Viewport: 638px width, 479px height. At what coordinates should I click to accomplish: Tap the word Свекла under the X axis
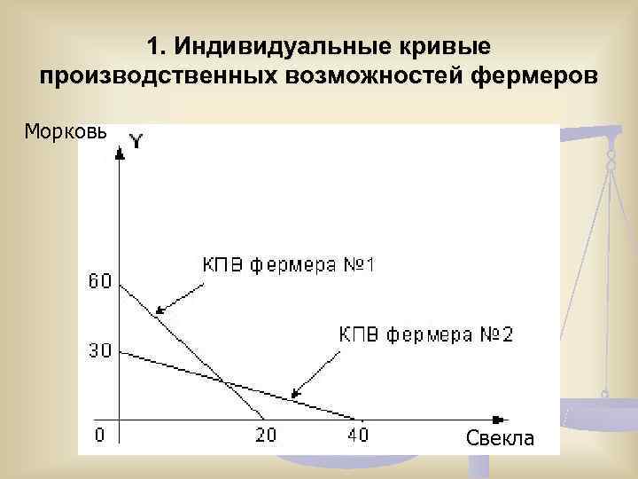(500, 438)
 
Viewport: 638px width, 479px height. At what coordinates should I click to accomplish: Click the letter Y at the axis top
(136, 141)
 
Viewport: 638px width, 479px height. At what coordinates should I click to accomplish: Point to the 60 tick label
(99, 281)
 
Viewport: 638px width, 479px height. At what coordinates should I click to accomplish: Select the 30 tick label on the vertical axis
(99, 350)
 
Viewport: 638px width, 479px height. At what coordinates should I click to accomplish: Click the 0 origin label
(99, 435)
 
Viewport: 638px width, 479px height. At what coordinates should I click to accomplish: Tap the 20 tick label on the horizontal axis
(266, 435)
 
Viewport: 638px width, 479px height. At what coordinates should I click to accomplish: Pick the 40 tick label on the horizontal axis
(357, 435)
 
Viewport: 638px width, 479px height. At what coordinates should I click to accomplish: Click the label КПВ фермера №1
(289, 265)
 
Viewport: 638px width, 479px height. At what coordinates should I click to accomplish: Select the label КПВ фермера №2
(426, 334)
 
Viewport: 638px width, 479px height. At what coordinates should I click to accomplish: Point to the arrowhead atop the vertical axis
(119, 153)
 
